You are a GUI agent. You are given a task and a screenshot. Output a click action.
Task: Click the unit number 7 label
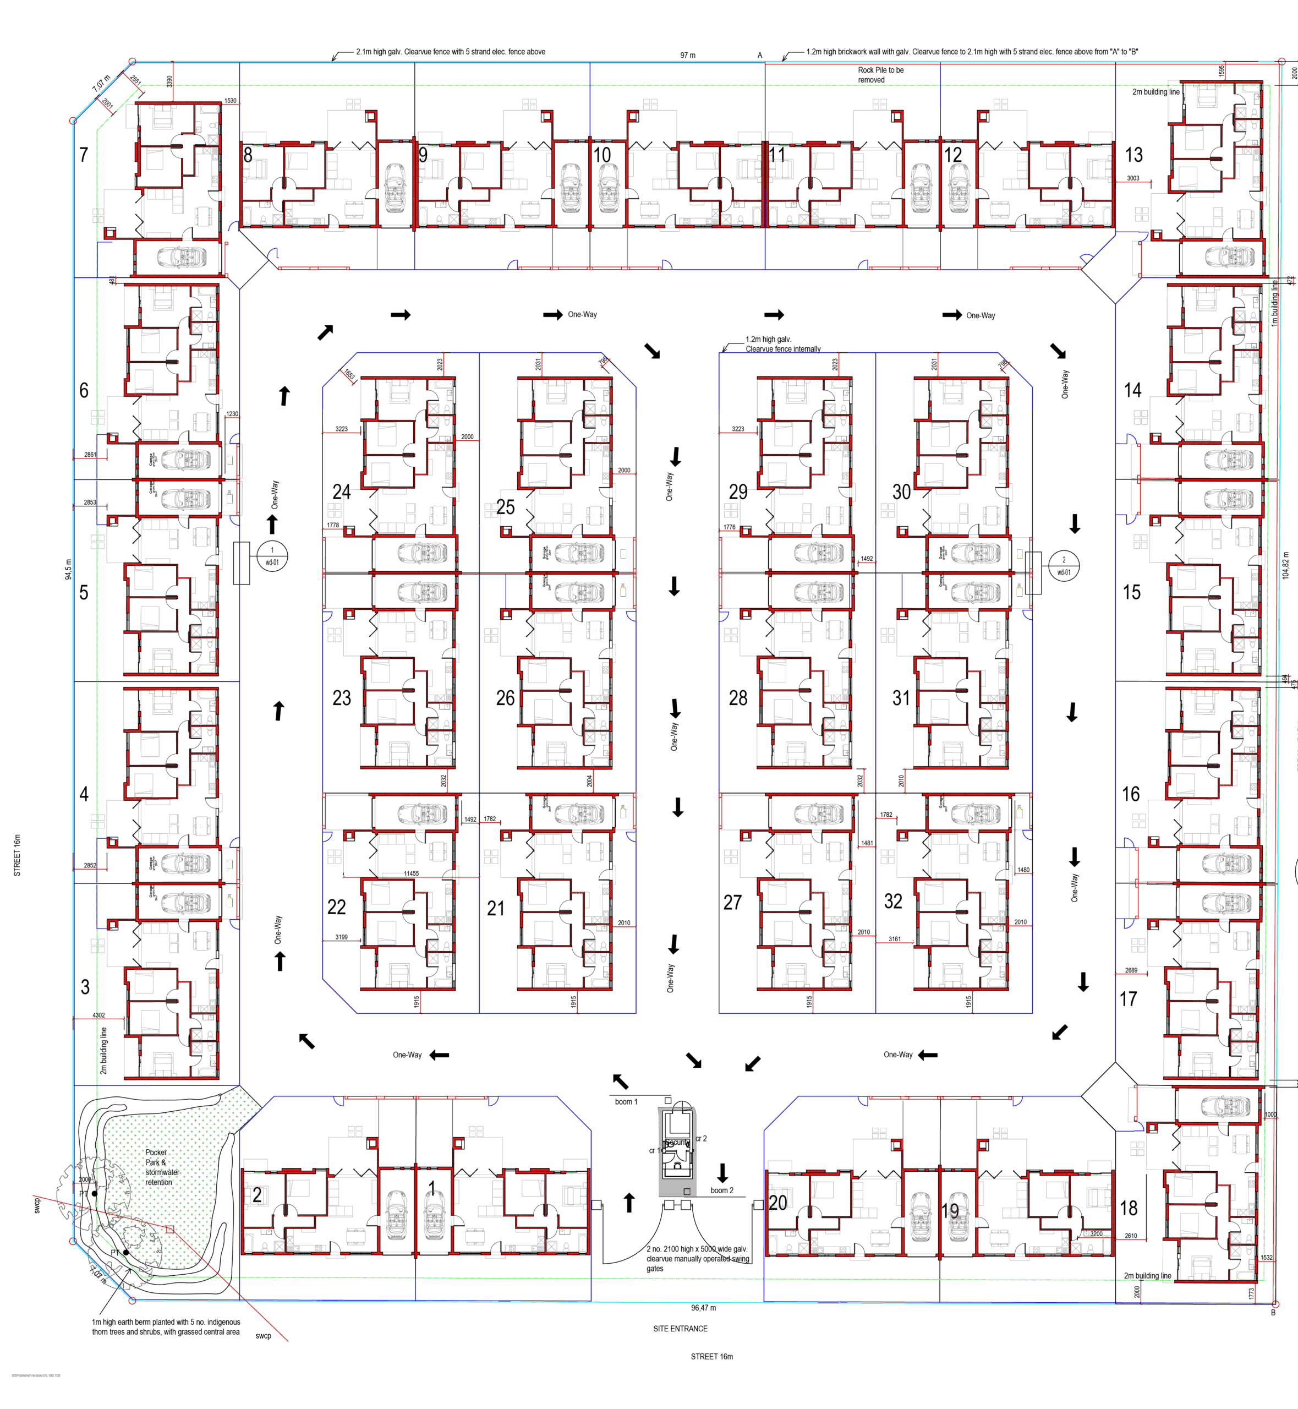coord(84,155)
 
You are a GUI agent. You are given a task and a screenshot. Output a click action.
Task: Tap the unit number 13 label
coord(1133,155)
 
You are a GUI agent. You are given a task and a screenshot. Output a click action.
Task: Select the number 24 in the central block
coord(341,491)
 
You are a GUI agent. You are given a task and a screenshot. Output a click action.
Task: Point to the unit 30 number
coord(901,491)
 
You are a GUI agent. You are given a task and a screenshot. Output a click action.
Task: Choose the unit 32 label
coord(892,901)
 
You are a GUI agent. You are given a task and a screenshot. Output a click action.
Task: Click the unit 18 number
coord(1128,1208)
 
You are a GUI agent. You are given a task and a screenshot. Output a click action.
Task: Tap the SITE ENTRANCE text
coord(680,1329)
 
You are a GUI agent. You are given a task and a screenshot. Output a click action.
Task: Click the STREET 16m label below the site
coord(711,1356)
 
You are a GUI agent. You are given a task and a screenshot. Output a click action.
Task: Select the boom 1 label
coord(626,1101)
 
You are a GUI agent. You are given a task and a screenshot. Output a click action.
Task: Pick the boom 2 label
coord(721,1190)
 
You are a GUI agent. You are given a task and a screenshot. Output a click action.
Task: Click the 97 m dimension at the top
coord(688,55)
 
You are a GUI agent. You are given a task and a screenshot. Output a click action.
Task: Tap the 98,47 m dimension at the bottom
coord(703,1308)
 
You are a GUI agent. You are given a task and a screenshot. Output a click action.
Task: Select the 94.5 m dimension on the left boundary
coord(68,569)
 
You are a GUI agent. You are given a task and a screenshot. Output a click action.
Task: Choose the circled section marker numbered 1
coord(272,555)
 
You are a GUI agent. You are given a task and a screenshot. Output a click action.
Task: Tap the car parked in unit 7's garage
coord(181,258)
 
